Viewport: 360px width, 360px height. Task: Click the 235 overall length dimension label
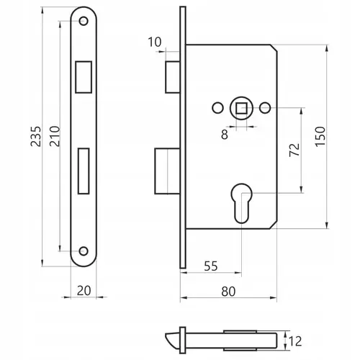pyautogui.click(x=36, y=136)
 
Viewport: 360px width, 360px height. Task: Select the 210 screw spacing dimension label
pyautogui.click(x=55, y=136)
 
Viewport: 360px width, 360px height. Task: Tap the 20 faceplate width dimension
pyautogui.click(x=84, y=291)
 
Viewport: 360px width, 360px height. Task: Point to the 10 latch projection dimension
pyautogui.click(x=155, y=42)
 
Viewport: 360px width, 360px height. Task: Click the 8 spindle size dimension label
pyautogui.click(x=225, y=134)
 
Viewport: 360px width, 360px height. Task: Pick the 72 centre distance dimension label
pyautogui.click(x=294, y=150)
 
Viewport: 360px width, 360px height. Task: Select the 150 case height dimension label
pyautogui.click(x=320, y=136)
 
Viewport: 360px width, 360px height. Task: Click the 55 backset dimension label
pyautogui.click(x=211, y=266)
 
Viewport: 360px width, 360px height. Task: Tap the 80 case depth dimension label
pyautogui.click(x=228, y=292)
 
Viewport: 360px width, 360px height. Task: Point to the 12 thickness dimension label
pyautogui.click(x=295, y=341)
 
